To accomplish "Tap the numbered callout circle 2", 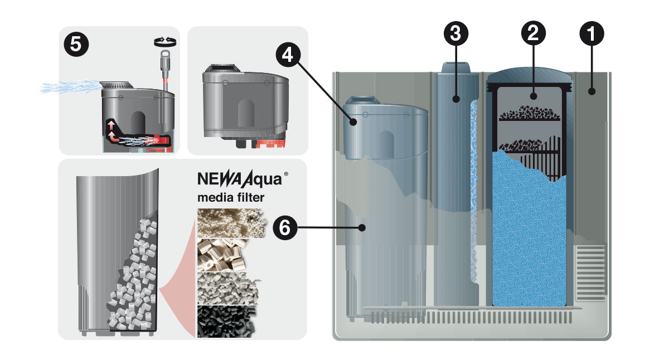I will pyautogui.click(x=533, y=34).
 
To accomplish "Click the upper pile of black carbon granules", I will pyautogui.click(x=529, y=114).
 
